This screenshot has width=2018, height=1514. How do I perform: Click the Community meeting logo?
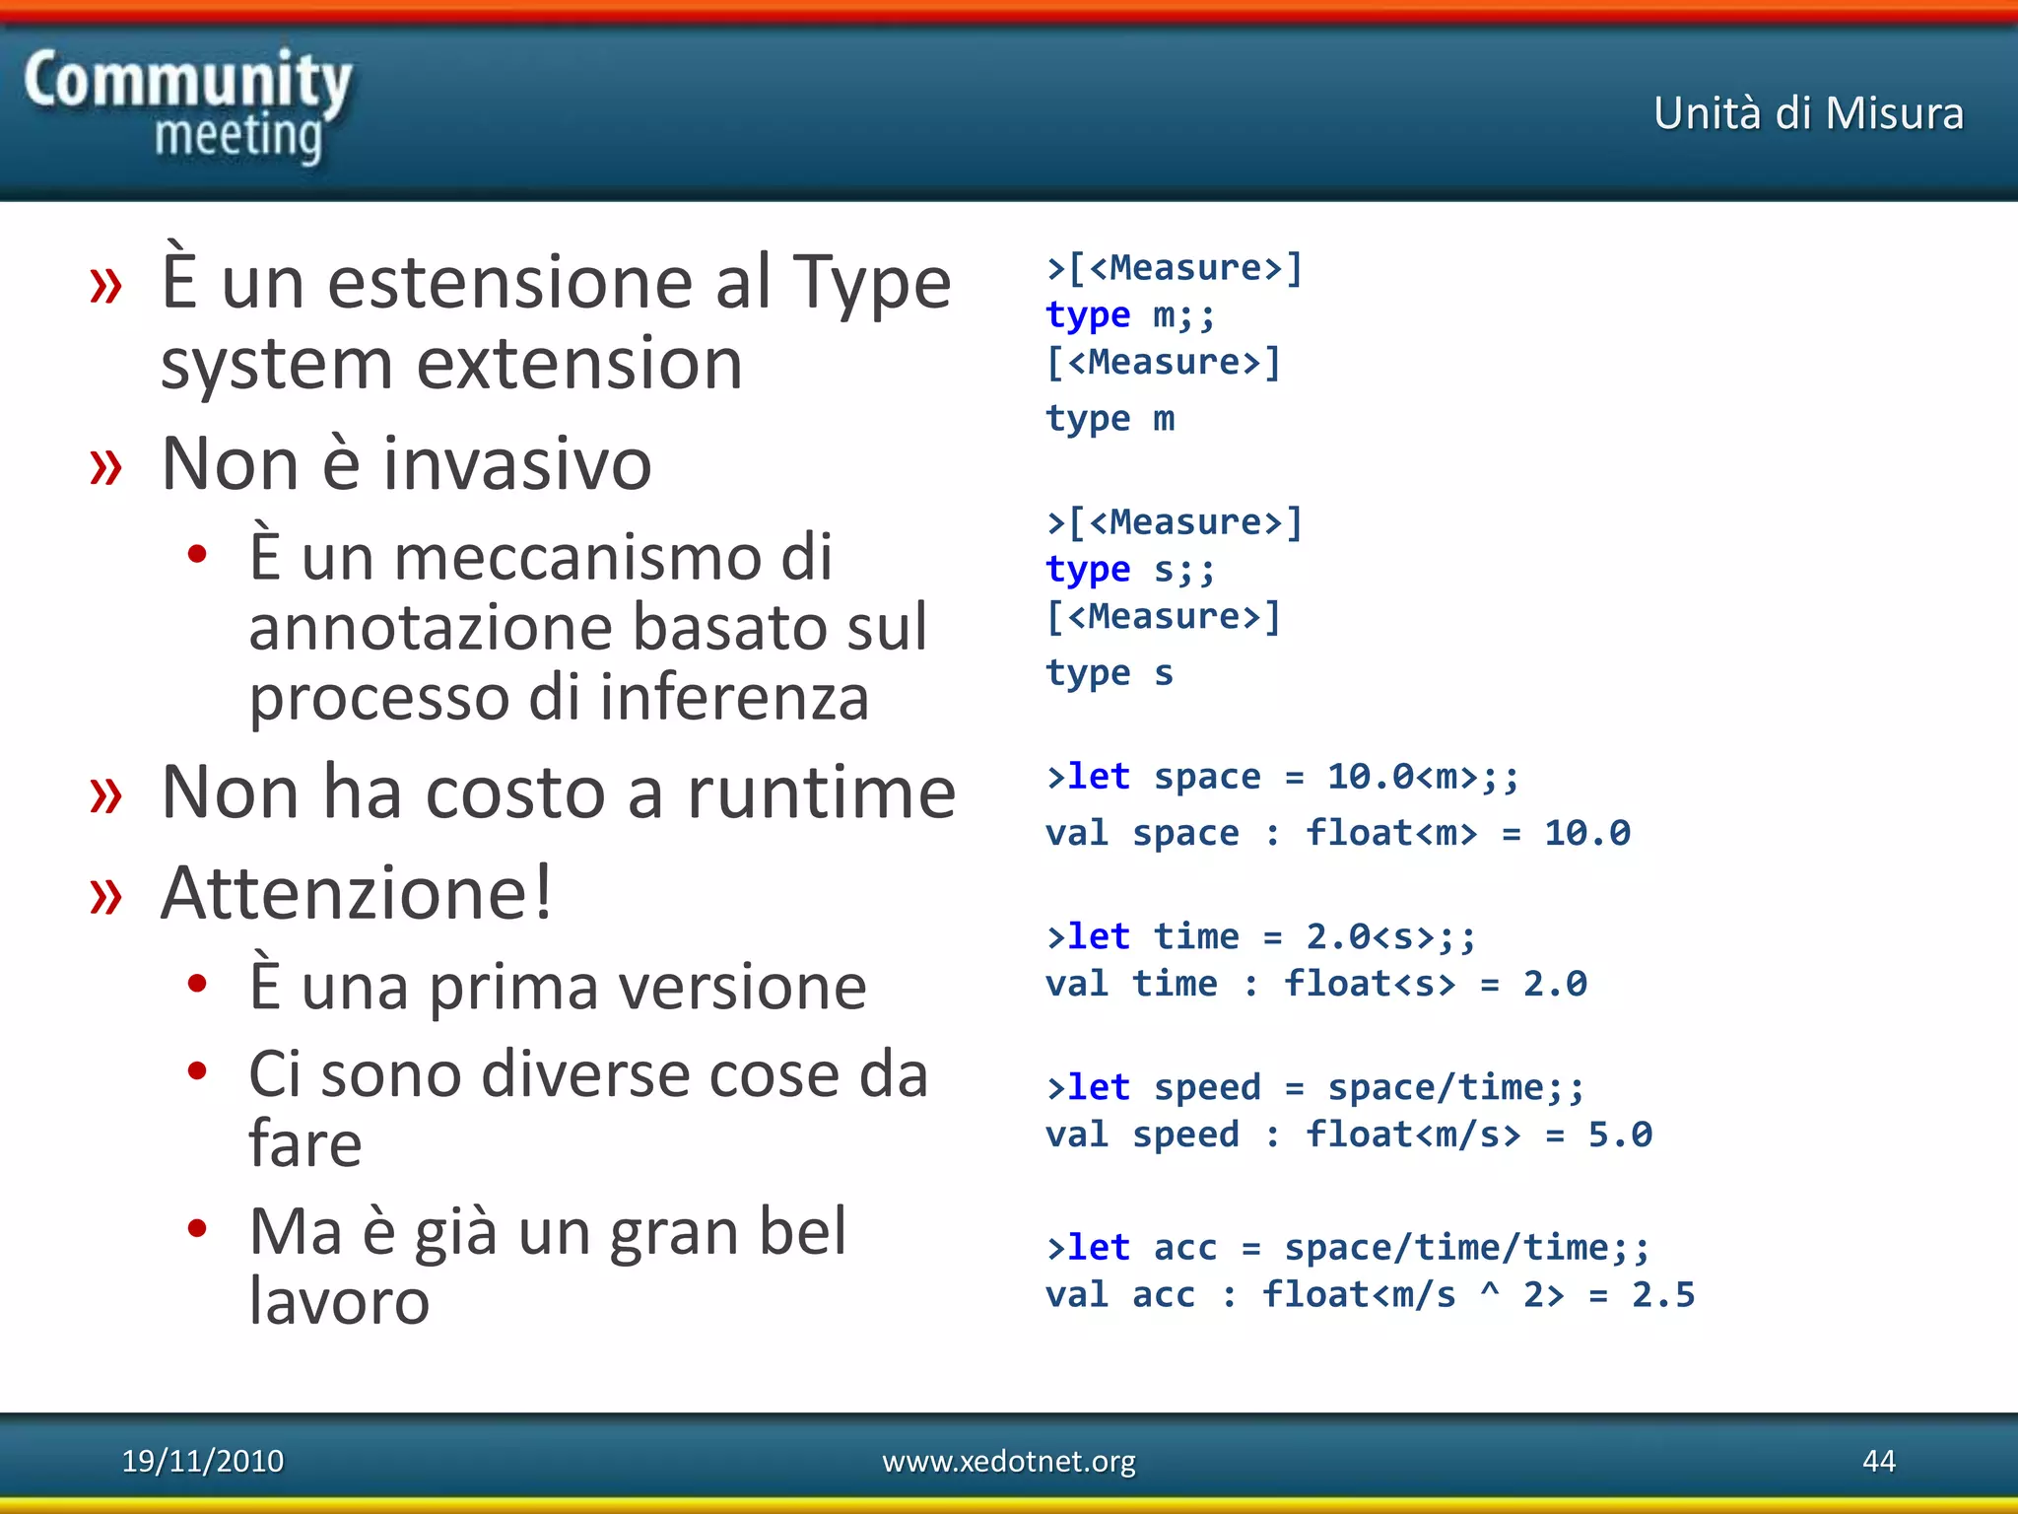pos(187,105)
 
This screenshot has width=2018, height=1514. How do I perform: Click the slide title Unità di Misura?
pos(1808,113)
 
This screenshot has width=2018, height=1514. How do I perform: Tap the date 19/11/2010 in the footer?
pos(202,1461)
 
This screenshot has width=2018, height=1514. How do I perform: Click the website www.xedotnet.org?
pos(1008,1461)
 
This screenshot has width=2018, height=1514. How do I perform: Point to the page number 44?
pos(1878,1461)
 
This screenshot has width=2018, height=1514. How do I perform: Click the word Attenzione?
pos(357,893)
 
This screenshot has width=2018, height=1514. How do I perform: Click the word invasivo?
pos(516,463)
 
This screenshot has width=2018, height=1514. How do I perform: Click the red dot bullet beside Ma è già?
pos(197,1228)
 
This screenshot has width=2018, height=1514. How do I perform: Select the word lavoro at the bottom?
pos(339,1301)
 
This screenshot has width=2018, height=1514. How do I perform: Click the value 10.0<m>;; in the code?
pos(1422,777)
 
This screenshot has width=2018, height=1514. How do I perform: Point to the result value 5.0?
pos(1619,1135)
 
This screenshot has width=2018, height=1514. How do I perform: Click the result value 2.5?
pos(1662,1294)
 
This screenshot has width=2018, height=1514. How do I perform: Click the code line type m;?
pos(1130,315)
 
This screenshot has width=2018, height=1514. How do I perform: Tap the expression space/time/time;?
pos(1465,1248)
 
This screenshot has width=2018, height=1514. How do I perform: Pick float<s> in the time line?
pos(1369,984)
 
